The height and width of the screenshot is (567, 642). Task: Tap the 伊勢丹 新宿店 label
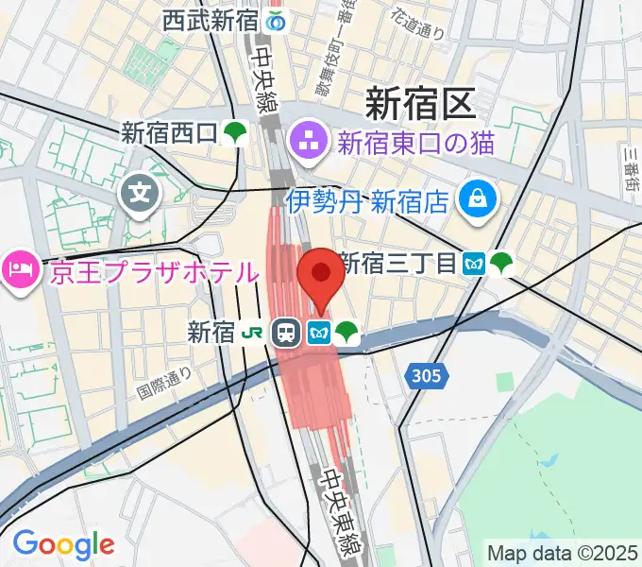pos(367,199)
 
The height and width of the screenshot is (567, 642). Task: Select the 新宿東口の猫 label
pos(416,145)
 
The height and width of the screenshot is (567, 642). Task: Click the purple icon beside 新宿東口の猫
pos(307,144)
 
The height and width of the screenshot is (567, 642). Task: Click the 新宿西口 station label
pos(169,134)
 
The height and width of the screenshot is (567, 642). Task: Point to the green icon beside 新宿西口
pos(235,134)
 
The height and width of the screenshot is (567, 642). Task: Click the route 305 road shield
pos(427,377)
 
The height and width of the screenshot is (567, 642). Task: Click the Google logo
pos(63,544)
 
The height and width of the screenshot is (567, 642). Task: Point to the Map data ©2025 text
pos(562,552)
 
